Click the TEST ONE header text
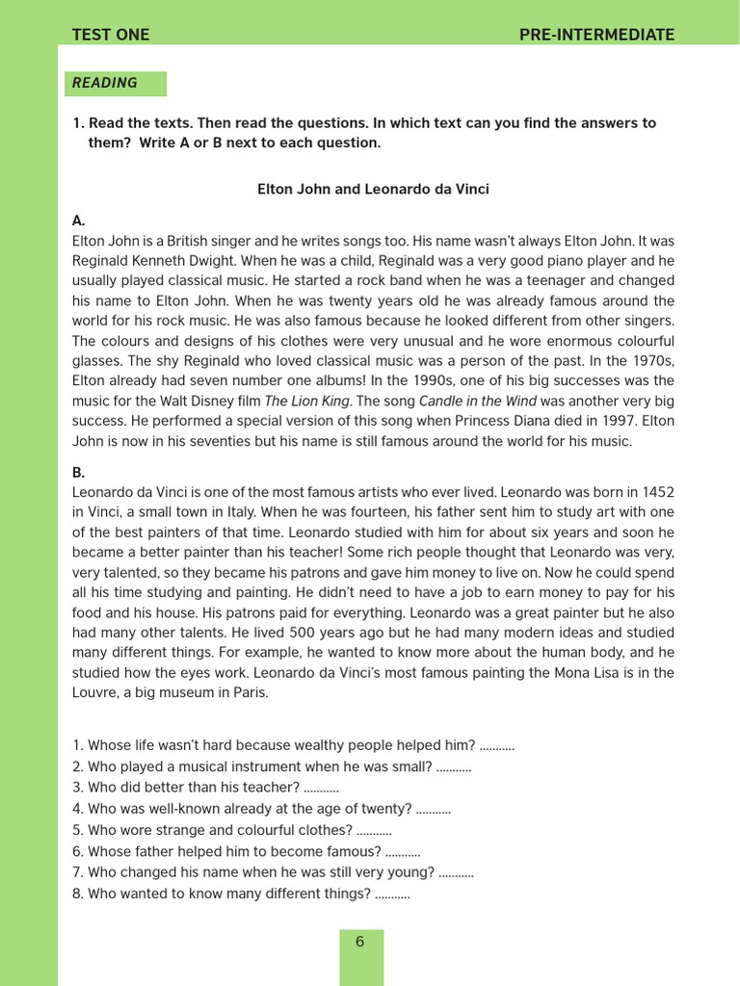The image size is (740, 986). [x=111, y=35]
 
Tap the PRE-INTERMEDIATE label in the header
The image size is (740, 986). [x=596, y=35]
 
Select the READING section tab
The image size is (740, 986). [x=105, y=83]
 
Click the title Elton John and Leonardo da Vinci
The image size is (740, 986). [x=373, y=190]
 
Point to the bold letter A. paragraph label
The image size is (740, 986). [x=79, y=221]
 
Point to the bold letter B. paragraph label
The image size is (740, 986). [x=79, y=473]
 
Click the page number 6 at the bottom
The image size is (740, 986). [x=360, y=942]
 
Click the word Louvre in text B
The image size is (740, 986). [x=95, y=693]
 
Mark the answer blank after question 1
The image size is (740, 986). [x=496, y=745]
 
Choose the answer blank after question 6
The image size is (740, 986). [x=403, y=851]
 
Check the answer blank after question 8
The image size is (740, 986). [x=392, y=894]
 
